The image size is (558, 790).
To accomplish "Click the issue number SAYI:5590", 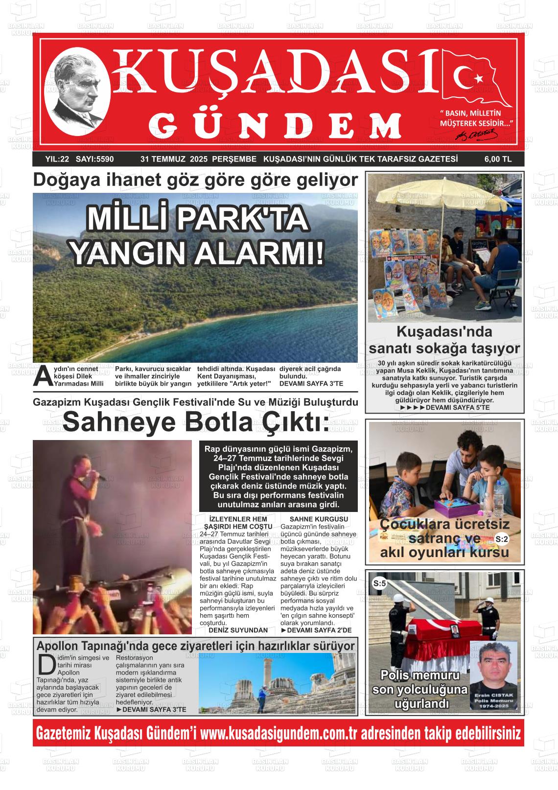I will tap(95, 159).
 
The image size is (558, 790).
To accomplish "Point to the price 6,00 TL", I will tap(498, 159).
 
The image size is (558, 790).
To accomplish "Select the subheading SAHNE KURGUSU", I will tap(319, 519).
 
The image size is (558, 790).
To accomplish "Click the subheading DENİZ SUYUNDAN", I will tap(238, 630).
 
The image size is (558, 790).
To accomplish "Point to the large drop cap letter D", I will tap(46, 664).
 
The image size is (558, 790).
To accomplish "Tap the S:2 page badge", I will tap(502, 539).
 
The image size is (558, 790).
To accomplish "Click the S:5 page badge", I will tap(380, 583).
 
